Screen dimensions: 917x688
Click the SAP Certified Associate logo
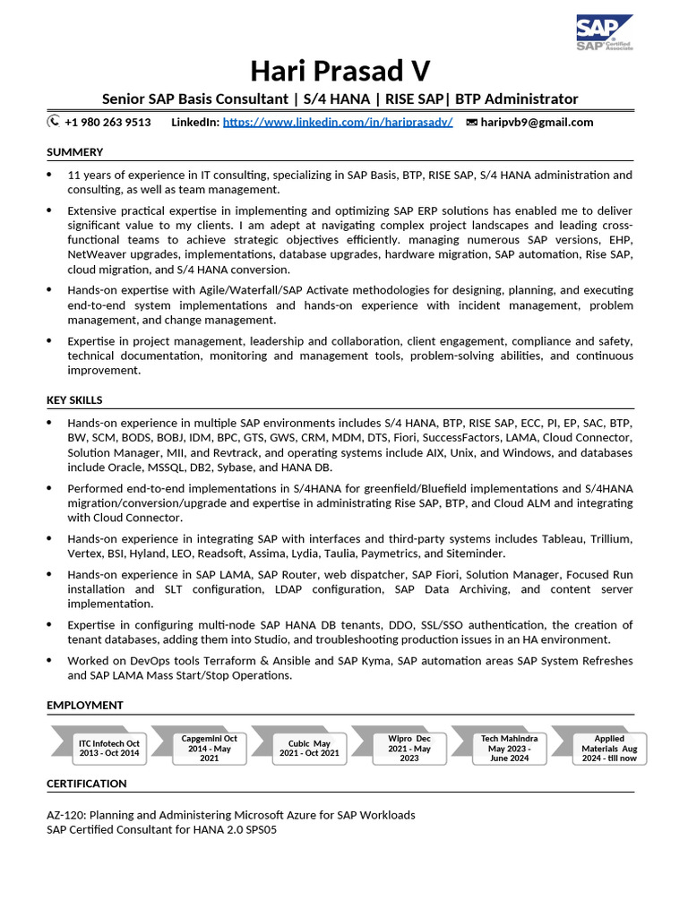click(x=604, y=33)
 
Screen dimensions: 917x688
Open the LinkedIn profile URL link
click(x=338, y=122)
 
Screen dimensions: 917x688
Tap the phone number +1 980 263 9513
click(x=107, y=122)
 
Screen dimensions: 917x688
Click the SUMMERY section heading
click(x=75, y=152)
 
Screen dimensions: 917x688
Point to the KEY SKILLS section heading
click(x=74, y=400)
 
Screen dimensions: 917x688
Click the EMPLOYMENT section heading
click(x=85, y=706)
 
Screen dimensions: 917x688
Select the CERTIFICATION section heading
click(x=87, y=784)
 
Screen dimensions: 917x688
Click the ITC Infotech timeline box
click(x=109, y=749)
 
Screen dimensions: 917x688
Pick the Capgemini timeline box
click(x=209, y=748)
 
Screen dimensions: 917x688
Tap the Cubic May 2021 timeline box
click(x=309, y=749)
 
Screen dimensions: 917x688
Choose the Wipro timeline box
click(x=408, y=748)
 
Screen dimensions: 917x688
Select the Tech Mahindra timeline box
click(x=509, y=748)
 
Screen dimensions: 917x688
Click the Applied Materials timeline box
click(x=609, y=748)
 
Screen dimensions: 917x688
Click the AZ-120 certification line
click(x=231, y=815)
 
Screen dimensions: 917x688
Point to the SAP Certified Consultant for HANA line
click(x=162, y=829)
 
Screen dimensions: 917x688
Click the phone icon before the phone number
click(x=54, y=122)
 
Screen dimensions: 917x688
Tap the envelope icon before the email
click(x=471, y=123)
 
